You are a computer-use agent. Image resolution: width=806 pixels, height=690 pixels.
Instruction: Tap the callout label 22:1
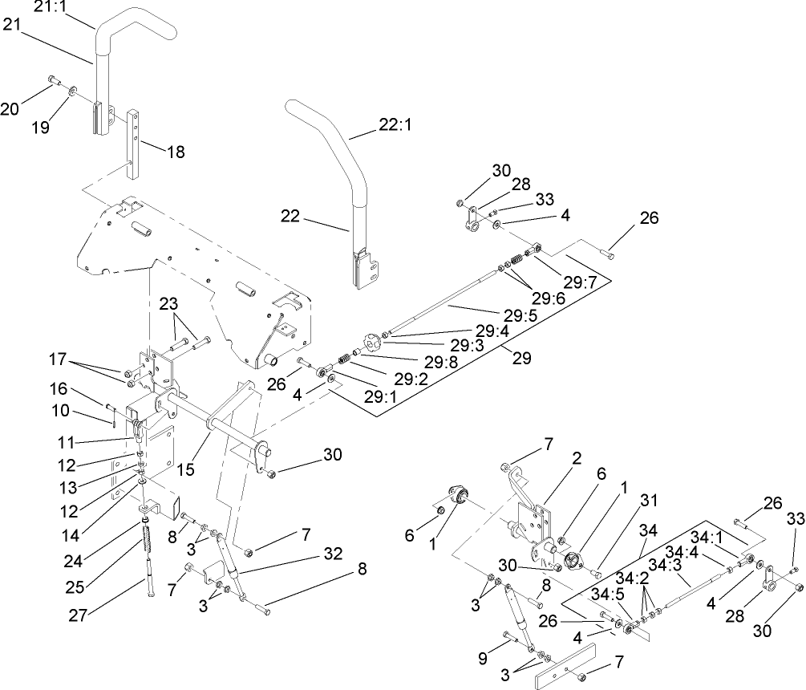396,127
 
